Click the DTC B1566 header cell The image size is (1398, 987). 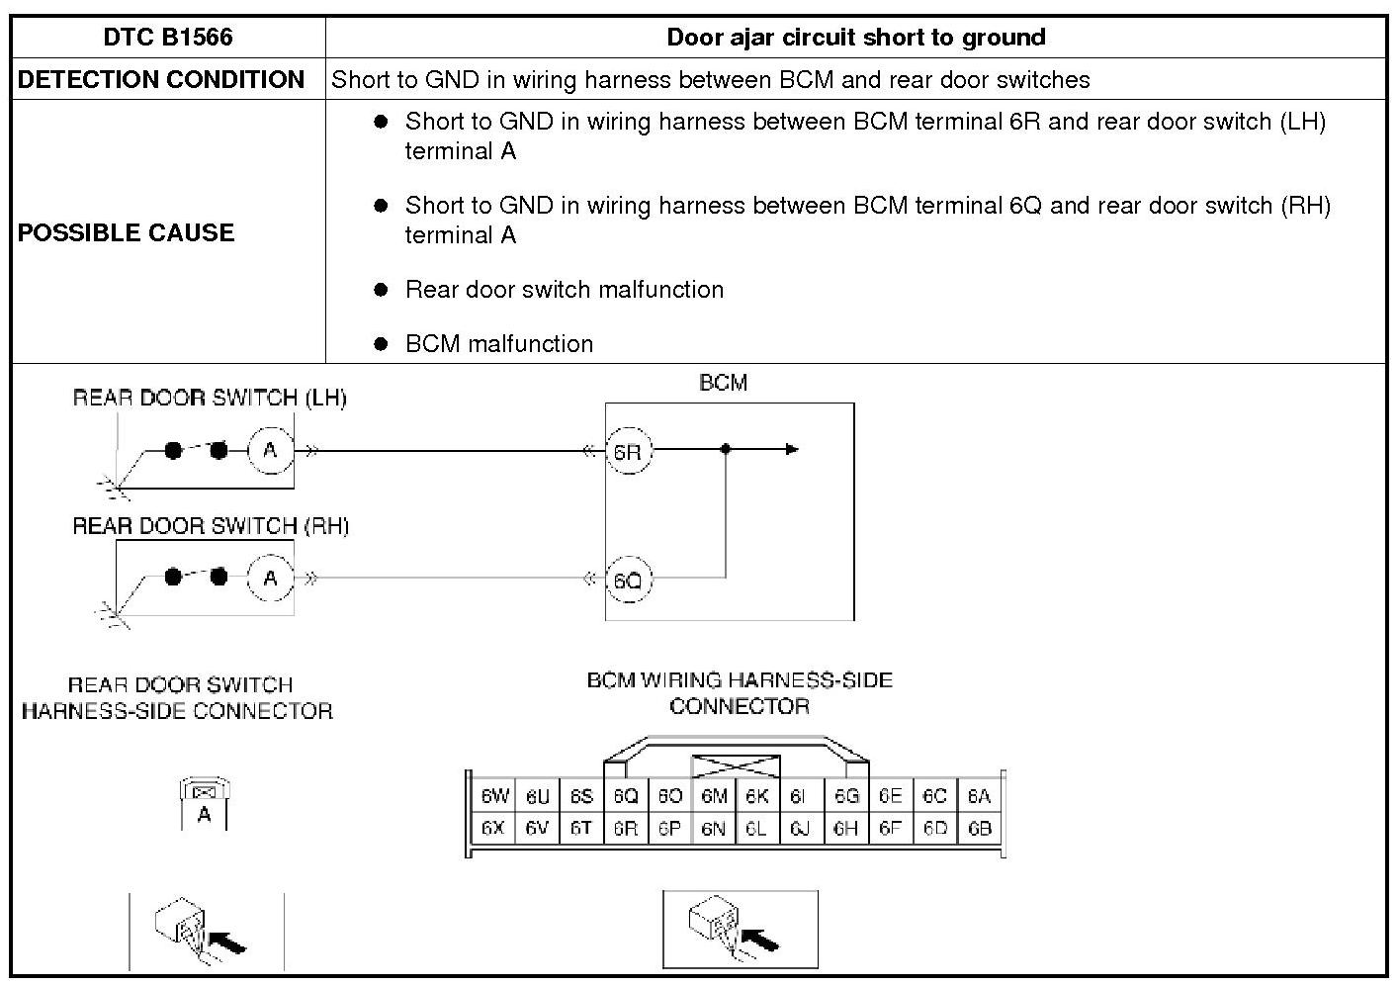coord(168,38)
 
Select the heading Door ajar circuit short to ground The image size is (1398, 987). coord(855,38)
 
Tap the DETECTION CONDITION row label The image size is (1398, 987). coord(161,80)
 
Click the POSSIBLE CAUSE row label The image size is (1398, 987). coord(127,232)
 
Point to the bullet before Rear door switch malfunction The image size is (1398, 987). coord(382,290)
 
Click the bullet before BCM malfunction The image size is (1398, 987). coord(382,344)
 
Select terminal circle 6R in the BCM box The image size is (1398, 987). coord(627,452)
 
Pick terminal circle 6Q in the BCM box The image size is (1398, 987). coord(627,580)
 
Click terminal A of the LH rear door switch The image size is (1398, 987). coord(270,451)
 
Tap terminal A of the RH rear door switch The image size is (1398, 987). coord(270,579)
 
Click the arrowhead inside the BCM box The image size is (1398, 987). coord(792,450)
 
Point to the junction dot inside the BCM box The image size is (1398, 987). coord(726,450)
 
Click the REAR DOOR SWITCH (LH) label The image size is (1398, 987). coord(210,398)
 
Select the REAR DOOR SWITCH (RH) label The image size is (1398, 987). coord(211,525)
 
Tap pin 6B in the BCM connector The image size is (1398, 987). coord(979,829)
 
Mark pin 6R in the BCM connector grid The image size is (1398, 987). coord(625,829)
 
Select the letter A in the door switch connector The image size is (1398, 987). coord(204,815)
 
